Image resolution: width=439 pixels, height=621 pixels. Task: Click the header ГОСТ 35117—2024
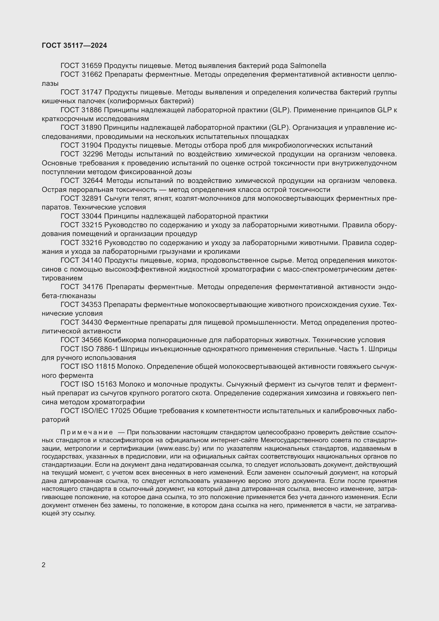tap(74, 45)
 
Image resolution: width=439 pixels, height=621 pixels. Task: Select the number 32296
tap(93, 155)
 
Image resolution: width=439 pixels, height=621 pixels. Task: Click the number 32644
tap(93, 181)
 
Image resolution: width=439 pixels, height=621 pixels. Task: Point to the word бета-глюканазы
tap(69, 296)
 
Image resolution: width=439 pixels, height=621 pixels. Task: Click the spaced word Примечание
tap(87, 432)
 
